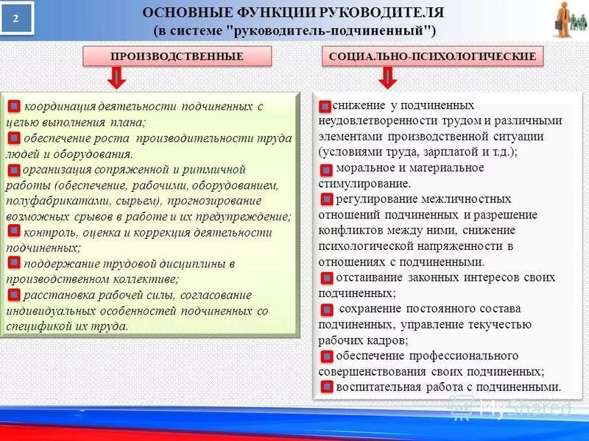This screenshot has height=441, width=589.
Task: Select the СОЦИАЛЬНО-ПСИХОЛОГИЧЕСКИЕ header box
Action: tap(433, 56)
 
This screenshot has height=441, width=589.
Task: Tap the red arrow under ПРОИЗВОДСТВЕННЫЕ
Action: tap(117, 77)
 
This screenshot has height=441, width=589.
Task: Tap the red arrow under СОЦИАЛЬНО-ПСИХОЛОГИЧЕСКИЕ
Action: tap(388, 77)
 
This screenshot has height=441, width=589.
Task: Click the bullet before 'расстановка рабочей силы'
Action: tap(14, 295)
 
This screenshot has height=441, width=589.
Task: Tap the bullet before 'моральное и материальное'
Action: tap(327, 170)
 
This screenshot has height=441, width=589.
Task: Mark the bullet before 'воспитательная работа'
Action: tap(327, 387)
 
